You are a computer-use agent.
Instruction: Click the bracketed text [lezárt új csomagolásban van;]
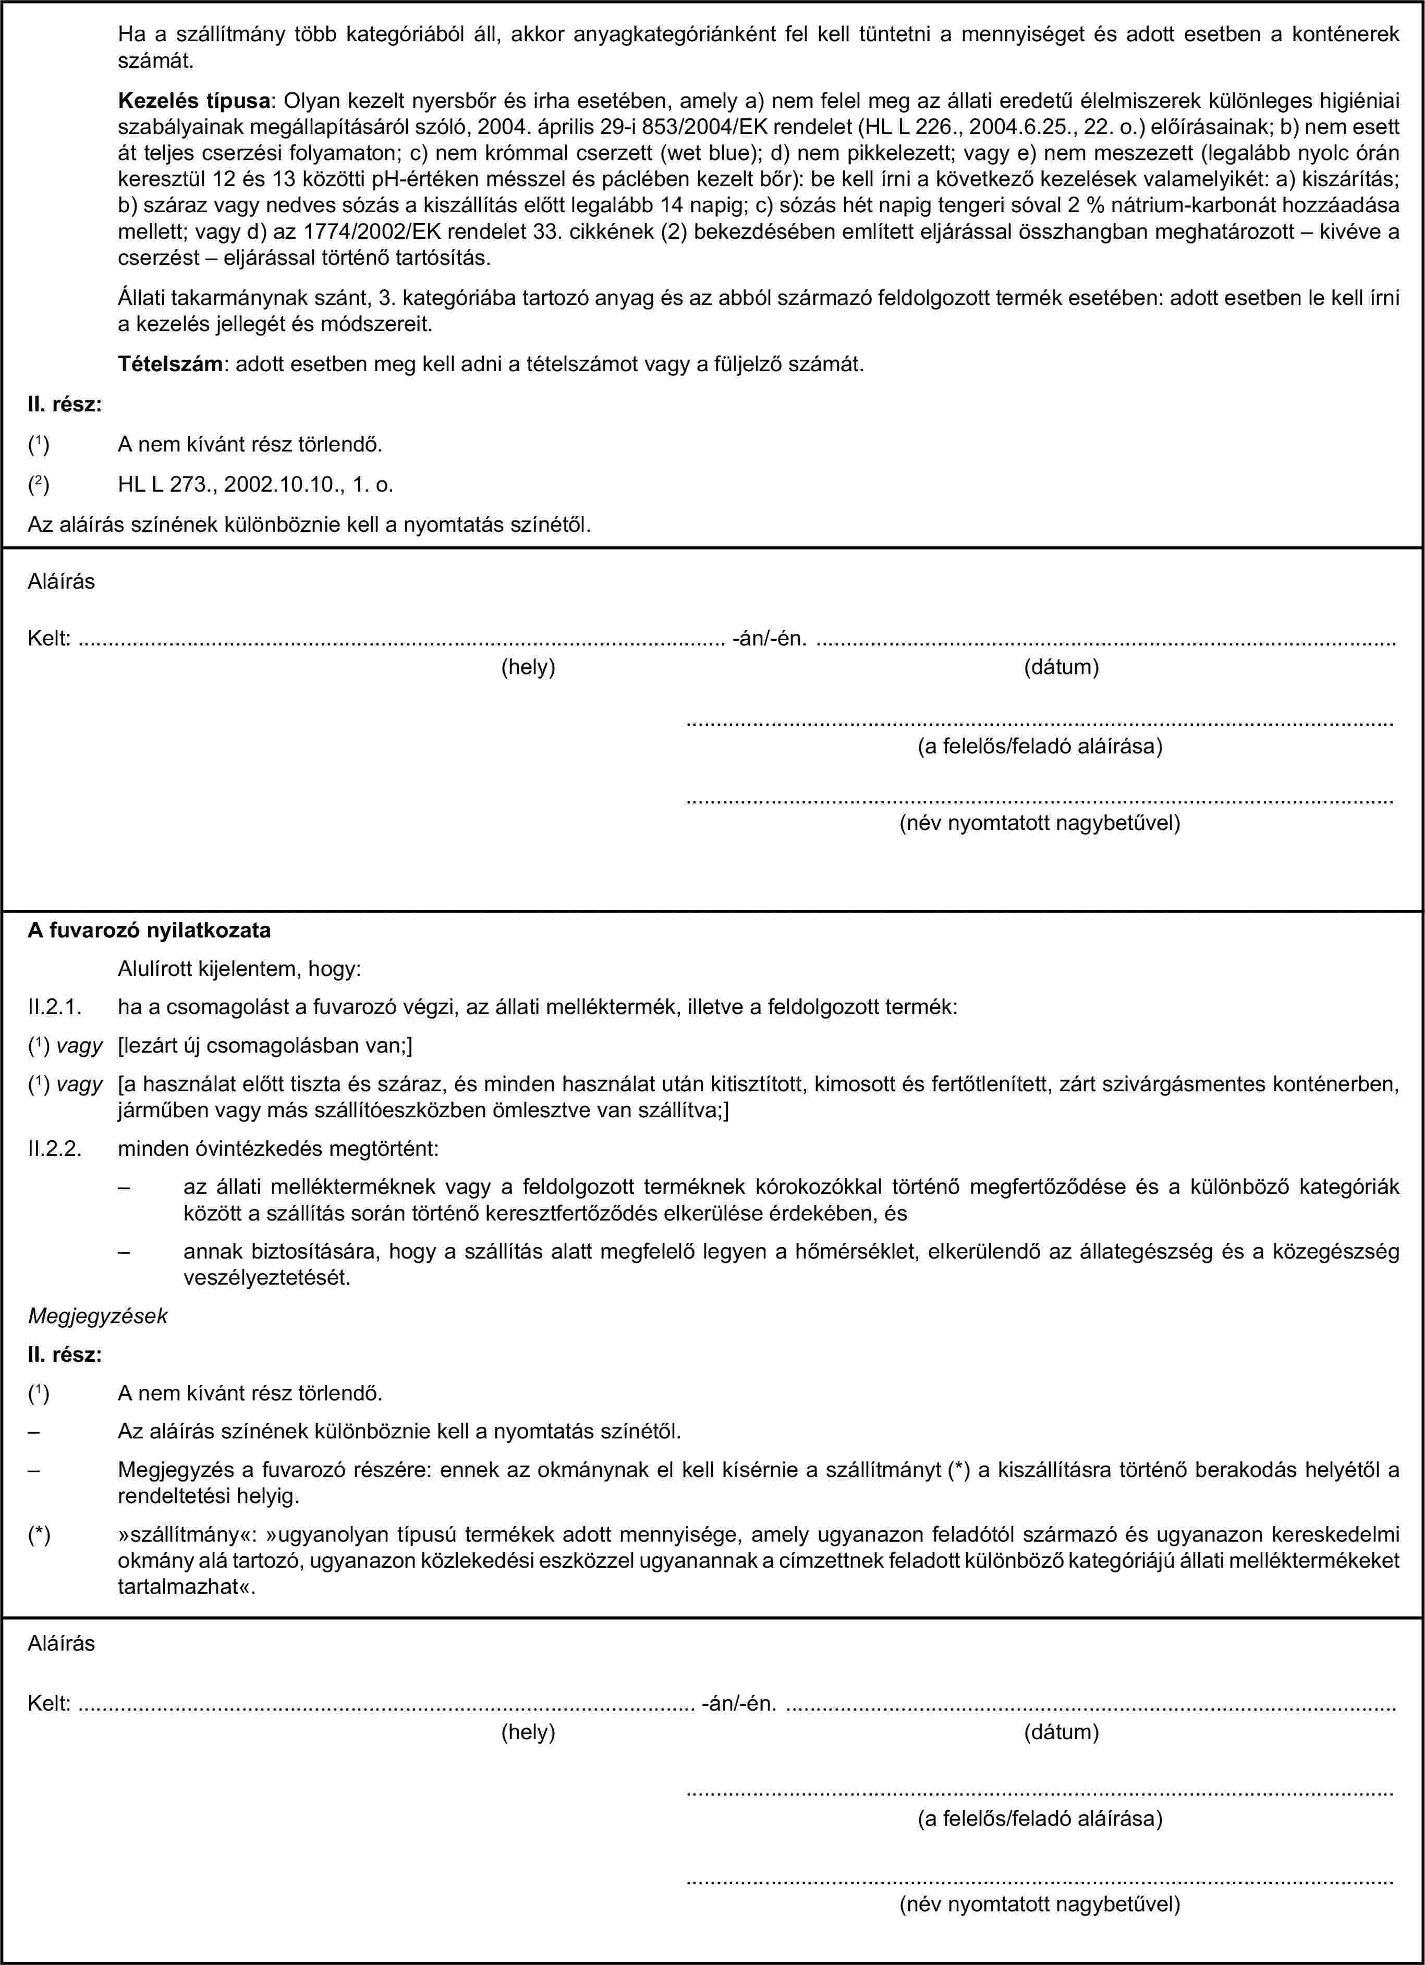coord(264,1046)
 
